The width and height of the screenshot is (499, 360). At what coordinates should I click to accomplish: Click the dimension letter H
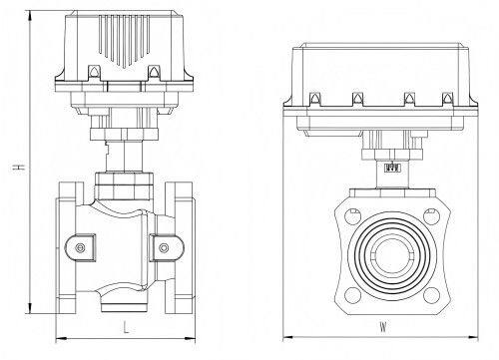(x=21, y=167)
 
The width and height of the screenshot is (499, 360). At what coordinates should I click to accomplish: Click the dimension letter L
(x=126, y=327)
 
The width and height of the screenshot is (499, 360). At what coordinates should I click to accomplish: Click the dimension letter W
(x=383, y=327)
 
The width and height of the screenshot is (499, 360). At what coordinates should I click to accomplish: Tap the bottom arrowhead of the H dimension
(x=30, y=308)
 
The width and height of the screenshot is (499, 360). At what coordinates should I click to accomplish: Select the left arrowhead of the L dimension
(x=61, y=339)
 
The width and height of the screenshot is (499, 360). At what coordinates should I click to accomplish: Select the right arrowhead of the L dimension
(x=190, y=339)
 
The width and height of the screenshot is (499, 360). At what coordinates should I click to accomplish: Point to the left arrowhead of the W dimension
(x=288, y=338)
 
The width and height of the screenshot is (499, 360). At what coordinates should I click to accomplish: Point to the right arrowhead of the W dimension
(x=473, y=338)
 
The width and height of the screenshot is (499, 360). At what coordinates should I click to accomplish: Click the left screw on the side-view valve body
(x=80, y=248)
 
